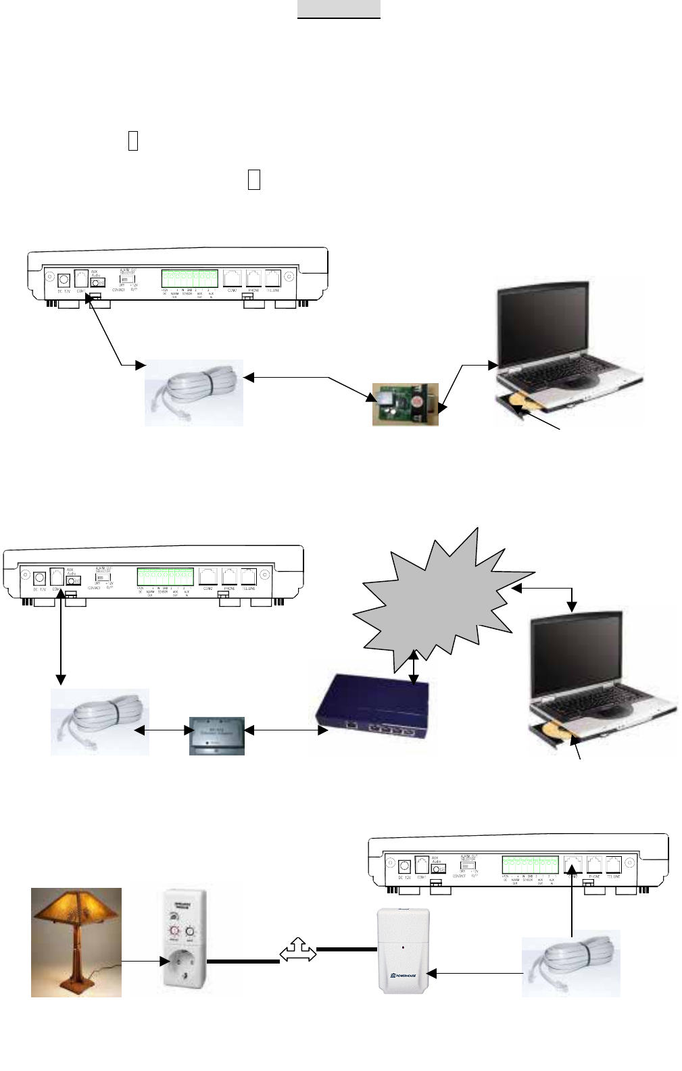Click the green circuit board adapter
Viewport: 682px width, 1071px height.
pyautogui.click(x=405, y=404)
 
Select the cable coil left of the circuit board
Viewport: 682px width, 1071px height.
pyautogui.click(x=194, y=393)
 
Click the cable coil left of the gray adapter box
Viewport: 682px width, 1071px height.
pyautogui.click(x=99, y=721)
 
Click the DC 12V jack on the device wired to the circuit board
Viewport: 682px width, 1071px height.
pyautogui.click(x=65, y=280)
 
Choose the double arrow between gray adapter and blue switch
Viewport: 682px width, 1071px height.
pyautogui.click(x=281, y=730)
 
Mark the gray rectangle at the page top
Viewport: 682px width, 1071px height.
pyautogui.click(x=339, y=9)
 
